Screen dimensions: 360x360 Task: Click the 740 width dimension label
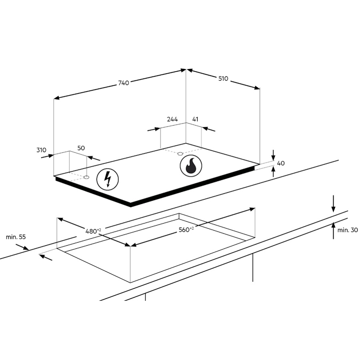point(124,83)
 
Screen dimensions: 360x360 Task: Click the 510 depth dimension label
point(223,79)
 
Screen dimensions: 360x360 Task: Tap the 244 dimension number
point(172,119)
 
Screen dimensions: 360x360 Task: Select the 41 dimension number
point(195,119)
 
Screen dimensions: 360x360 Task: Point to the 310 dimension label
point(41,150)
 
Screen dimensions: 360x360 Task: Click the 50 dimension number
point(81,148)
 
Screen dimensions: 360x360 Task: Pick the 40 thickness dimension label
point(281,163)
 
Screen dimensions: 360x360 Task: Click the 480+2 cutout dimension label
point(93,231)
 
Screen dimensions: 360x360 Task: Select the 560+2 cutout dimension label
point(186,229)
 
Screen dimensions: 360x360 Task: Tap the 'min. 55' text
point(16,237)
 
